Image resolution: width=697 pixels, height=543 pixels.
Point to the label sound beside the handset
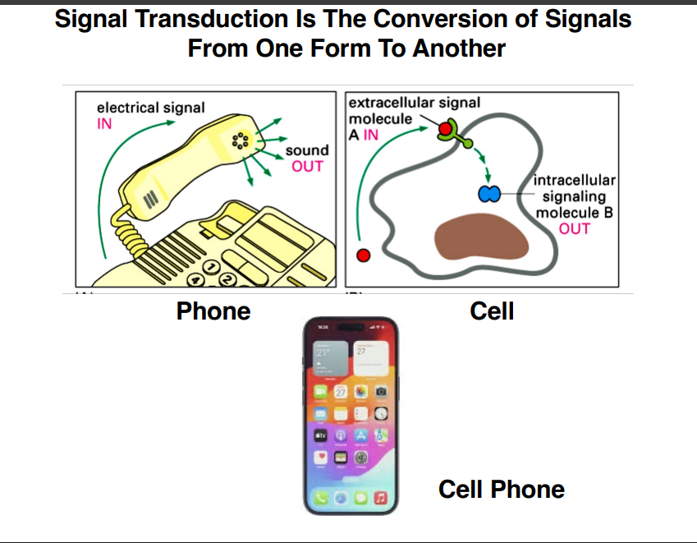coord(306,150)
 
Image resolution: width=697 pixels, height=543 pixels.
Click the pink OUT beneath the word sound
coord(307,166)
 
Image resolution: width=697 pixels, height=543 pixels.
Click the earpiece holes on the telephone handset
coord(241,140)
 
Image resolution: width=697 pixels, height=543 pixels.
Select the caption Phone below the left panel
coord(213,311)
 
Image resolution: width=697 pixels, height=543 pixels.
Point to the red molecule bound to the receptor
coord(445,129)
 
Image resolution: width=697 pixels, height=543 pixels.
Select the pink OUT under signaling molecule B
coord(574,228)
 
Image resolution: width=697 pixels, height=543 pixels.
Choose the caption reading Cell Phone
coord(502,490)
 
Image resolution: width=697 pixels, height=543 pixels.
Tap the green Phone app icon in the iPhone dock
coord(321,498)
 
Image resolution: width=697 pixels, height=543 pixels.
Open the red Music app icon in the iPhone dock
coord(380,498)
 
